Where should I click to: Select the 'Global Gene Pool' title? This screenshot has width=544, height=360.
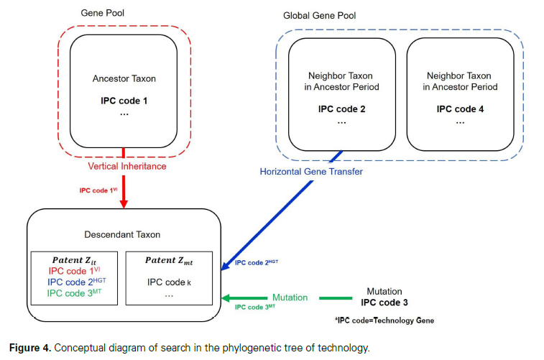pyautogui.click(x=320, y=15)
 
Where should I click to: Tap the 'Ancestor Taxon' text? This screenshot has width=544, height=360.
pyautogui.click(x=124, y=78)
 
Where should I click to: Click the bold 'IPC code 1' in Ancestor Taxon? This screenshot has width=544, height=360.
pyautogui.click(x=124, y=100)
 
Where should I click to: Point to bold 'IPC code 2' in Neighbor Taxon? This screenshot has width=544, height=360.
pyautogui.click(x=341, y=109)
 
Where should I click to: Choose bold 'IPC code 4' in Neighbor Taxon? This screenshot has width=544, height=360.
pyautogui.click(x=459, y=109)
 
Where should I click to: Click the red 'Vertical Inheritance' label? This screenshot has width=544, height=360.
pyautogui.click(x=126, y=166)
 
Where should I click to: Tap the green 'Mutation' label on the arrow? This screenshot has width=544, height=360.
pyautogui.click(x=290, y=297)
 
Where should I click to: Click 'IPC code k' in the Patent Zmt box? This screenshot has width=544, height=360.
pyautogui.click(x=170, y=282)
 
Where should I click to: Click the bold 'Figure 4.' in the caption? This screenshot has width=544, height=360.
pyautogui.click(x=31, y=349)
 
